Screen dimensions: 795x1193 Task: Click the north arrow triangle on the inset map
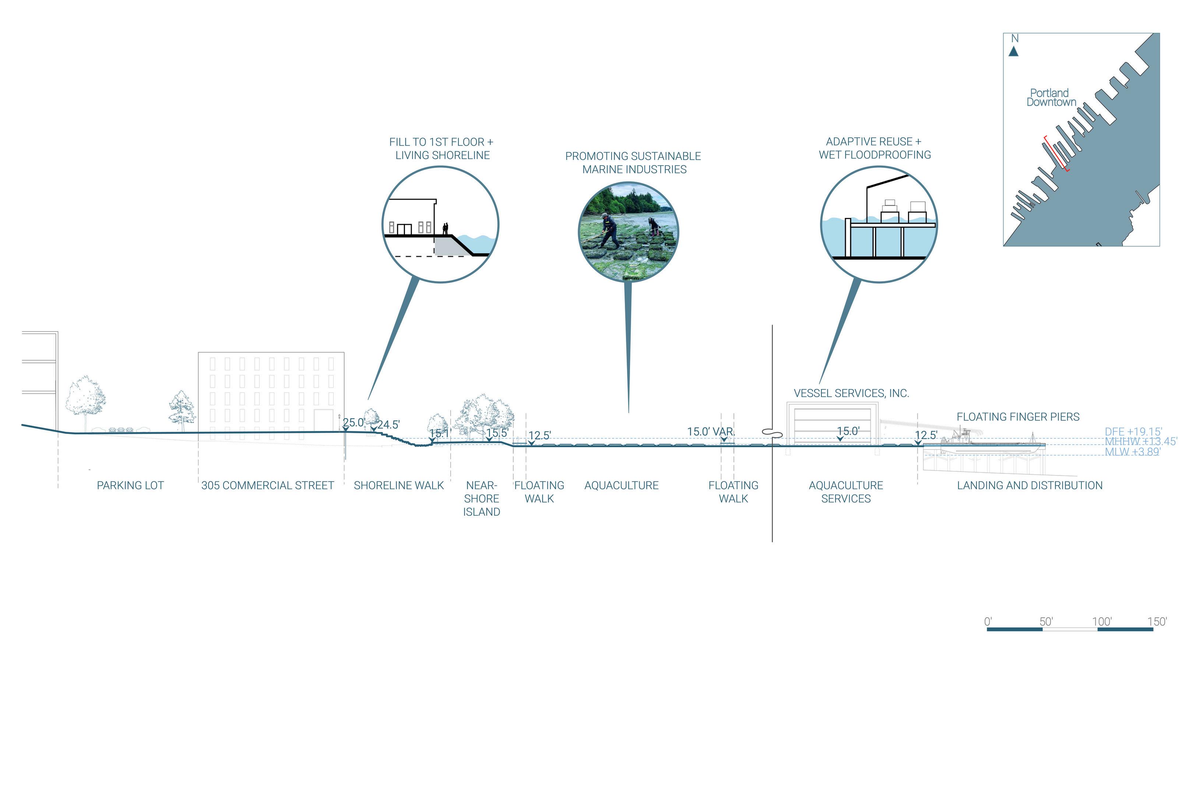click(1013, 51)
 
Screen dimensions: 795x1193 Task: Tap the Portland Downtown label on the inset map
click(1051, 97)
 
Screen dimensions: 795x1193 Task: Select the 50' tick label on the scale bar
click(1046, 622)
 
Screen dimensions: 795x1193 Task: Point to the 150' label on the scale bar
click(1157, 622)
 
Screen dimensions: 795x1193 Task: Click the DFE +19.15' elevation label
click(1133, 431)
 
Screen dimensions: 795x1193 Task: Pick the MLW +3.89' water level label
click(1132, 451)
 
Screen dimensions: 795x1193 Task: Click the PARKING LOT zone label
click(130, 485)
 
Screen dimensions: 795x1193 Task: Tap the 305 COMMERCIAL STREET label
click(267, 485)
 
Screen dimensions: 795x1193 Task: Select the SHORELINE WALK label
click(399, 485)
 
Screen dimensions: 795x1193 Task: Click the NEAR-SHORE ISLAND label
click(481, 498)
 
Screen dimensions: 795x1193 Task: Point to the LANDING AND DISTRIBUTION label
click(1030, 485)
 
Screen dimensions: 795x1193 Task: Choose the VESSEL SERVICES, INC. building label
click(851, 393)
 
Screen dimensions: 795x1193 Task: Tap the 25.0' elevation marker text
click(353, 423)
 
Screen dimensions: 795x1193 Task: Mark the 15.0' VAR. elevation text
click(711, 431)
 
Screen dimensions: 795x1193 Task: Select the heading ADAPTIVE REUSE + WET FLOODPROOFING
click(874, 148)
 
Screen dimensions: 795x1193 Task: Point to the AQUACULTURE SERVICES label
click(845, 492)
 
